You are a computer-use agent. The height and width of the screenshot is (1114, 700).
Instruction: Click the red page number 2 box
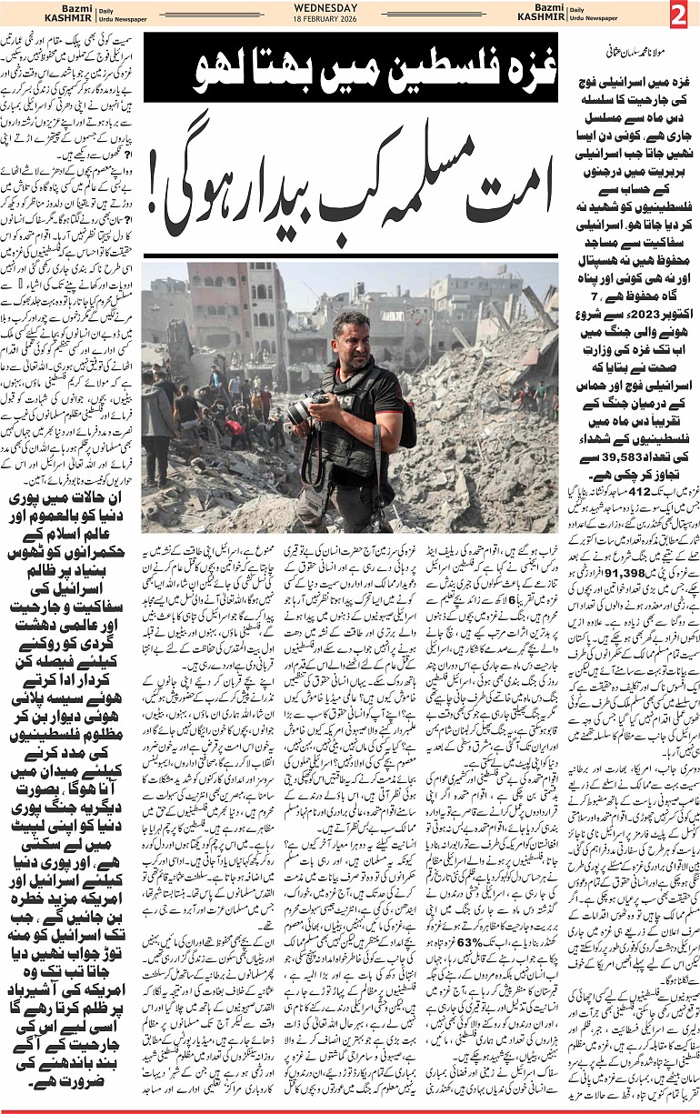coord(681,15)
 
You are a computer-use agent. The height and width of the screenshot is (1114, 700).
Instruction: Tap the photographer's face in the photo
coord(352,340)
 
